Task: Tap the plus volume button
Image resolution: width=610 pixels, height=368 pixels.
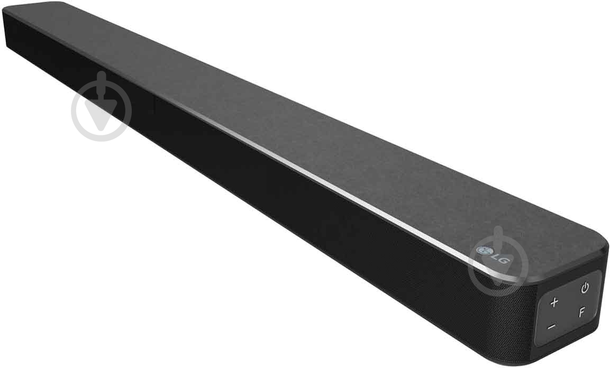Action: tap(554, 303)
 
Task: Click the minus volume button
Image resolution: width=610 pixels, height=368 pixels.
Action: tap(551, 327)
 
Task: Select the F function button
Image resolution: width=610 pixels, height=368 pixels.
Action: tap(581, 312)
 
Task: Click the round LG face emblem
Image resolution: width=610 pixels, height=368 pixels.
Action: tap(482, 251)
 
